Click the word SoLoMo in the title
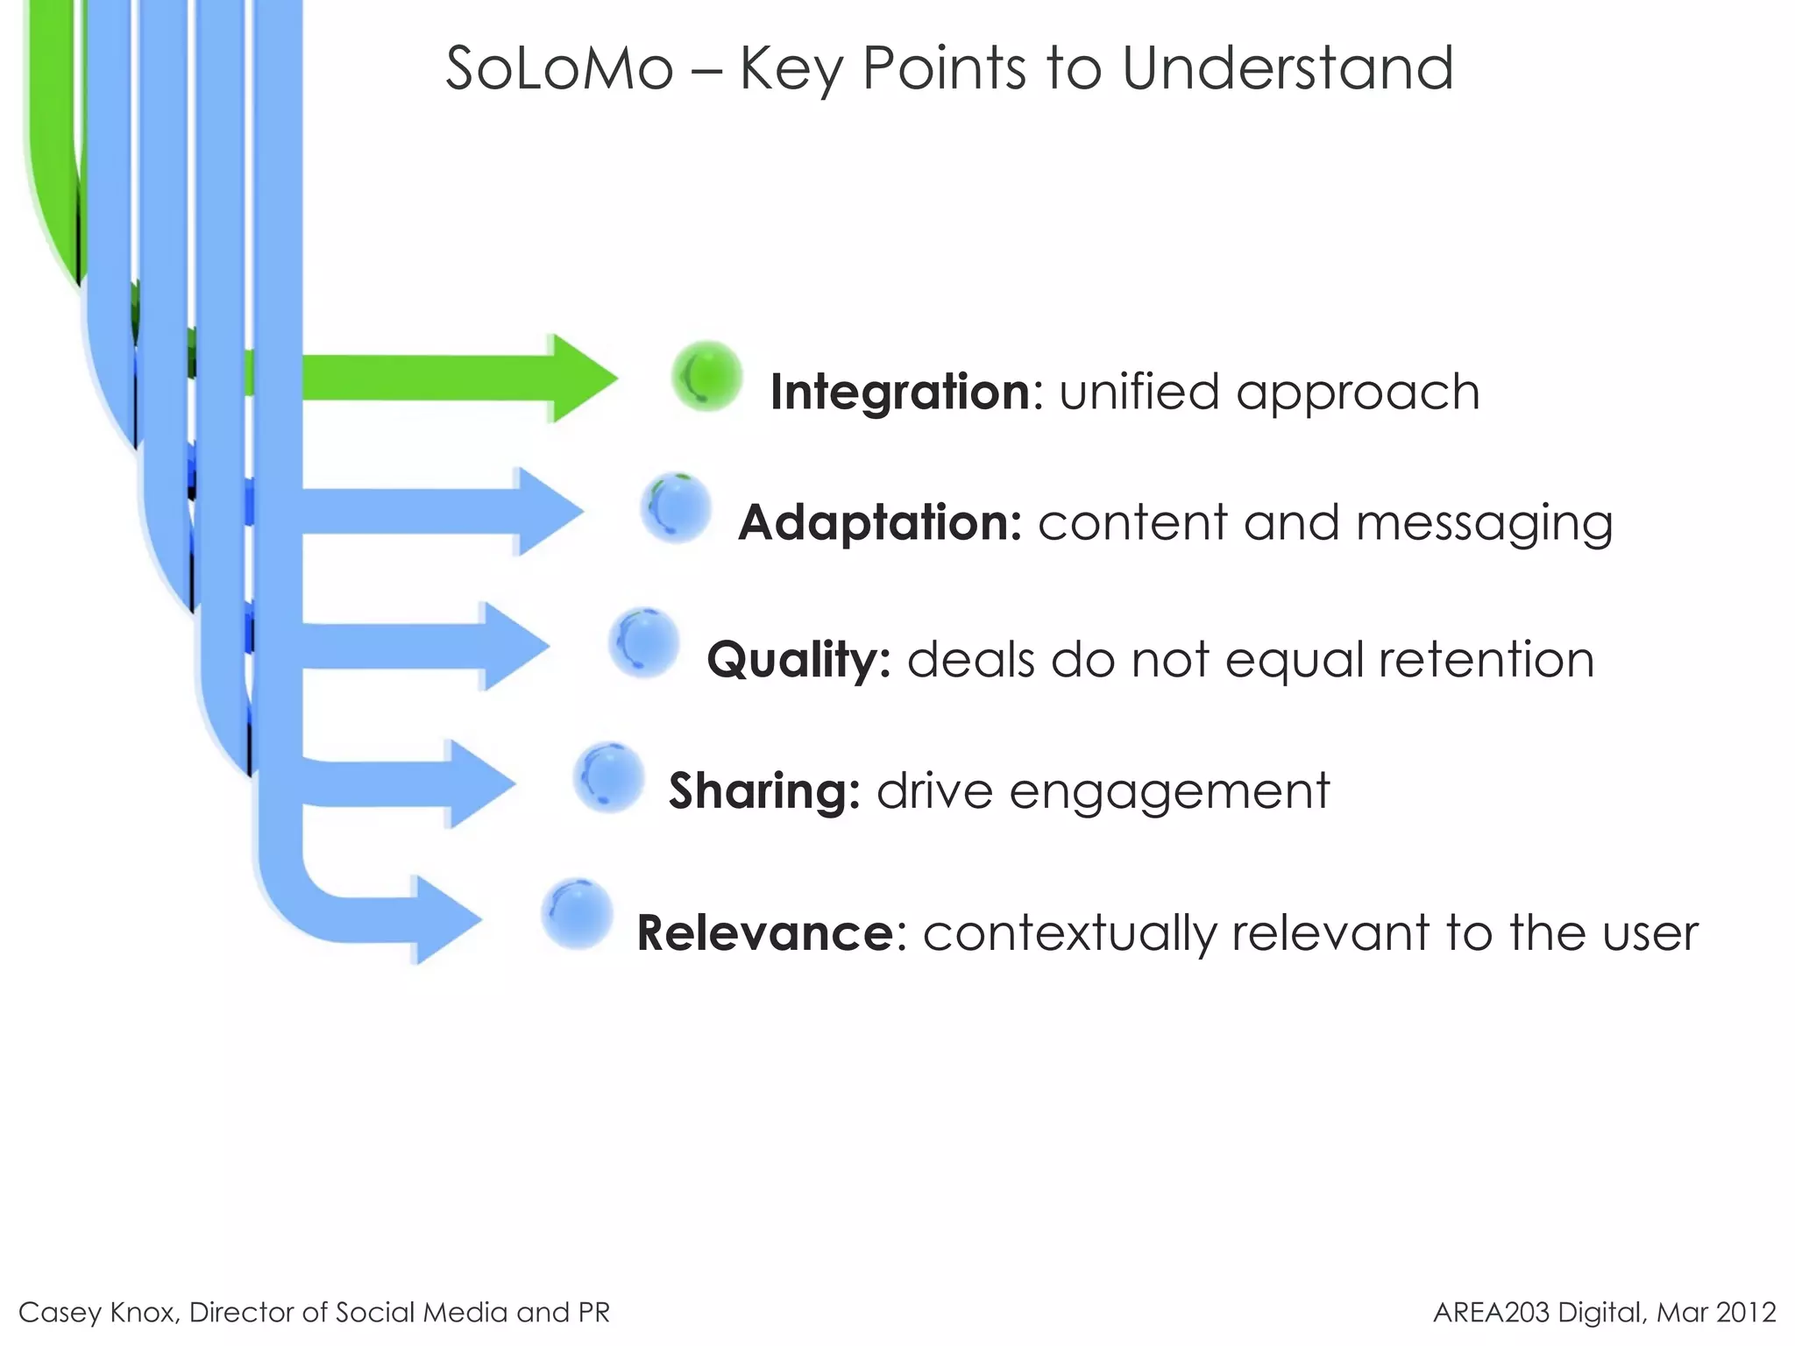(x=559, y=68)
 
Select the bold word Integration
(x=900, y=392)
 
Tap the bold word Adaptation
(x=879, y=523)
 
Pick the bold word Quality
(x=798, y=659)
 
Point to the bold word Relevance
(x=764, y=932)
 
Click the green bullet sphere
(x=707, y=377)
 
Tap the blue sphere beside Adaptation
(x=676, y=508)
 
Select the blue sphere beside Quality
(x=644, y=643)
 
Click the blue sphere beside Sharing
(x=609, y=777)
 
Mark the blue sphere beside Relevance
(x=577, y=914)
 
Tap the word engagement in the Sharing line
(x=1169, y=792)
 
